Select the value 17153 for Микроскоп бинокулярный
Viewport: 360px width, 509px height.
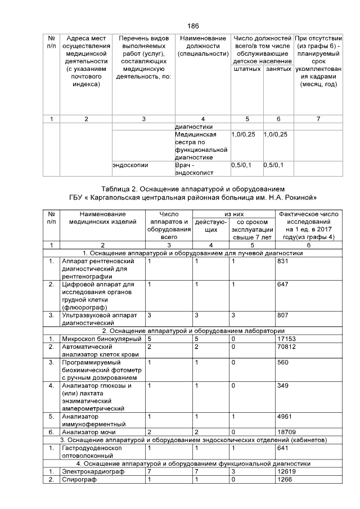[x=288, y=339]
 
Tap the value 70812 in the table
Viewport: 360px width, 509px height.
[x=288, y=347]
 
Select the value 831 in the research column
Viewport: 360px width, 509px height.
[x=284, y=262]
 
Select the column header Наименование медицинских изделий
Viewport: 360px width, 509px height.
[x=102, y=218]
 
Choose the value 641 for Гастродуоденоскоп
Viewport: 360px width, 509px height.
[x=284, y=448]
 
